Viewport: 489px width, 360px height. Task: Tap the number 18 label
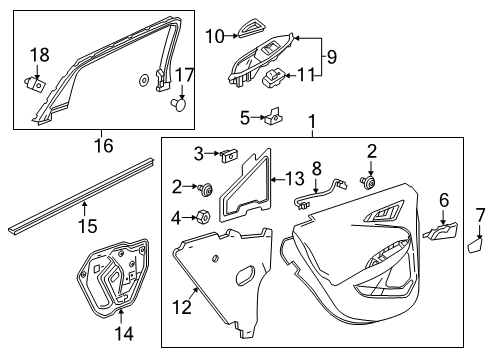coord(38,54)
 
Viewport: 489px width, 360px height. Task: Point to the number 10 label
coord(214,36)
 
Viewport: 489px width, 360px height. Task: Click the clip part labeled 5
coord(269,119)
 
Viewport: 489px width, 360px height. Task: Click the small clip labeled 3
coord(229,154)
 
